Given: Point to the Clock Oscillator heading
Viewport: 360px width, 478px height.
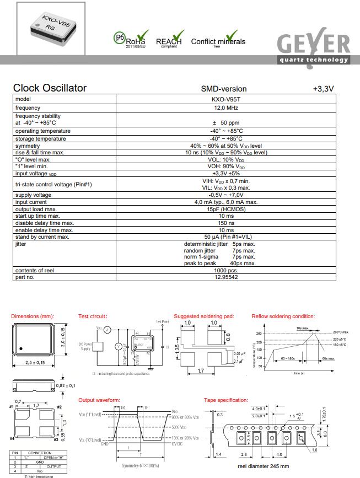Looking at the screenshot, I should (50, 88).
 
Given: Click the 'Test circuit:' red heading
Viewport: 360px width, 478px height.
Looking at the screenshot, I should (93, 316).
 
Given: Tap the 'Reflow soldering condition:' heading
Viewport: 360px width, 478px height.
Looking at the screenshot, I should (283, 316).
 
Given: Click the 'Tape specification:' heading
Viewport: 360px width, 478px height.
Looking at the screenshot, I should (226, 400).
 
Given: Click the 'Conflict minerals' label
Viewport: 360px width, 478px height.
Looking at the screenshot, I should (218, 41).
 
